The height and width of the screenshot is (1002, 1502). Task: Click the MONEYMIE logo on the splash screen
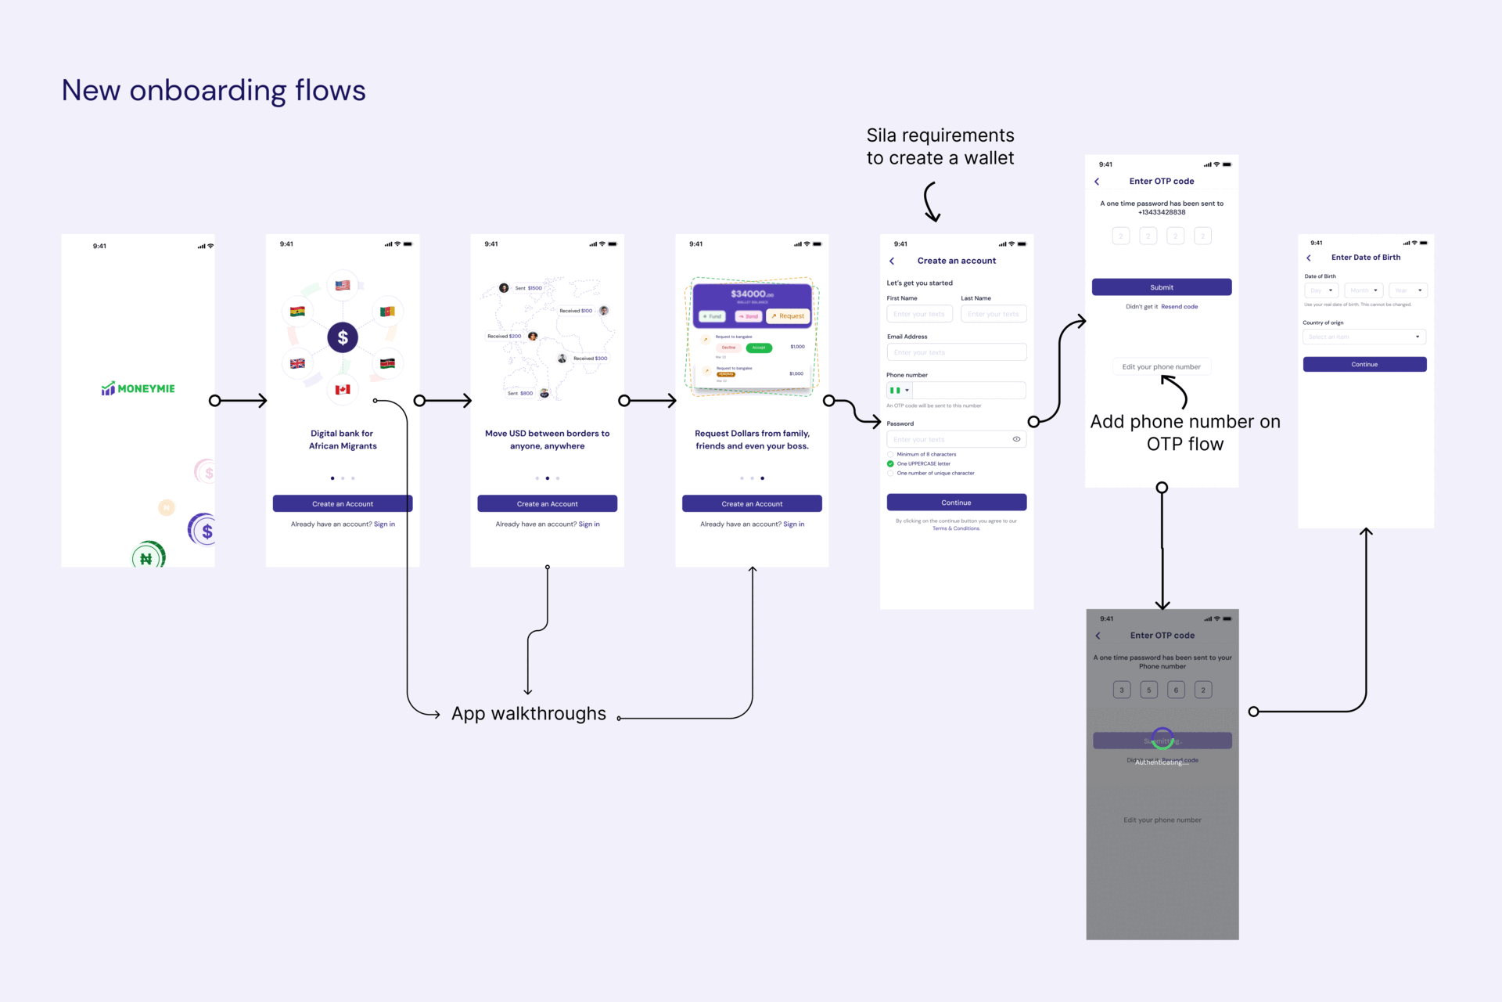pyautogui.click(x=138, y=389)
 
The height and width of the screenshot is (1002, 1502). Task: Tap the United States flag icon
pyautogui.click(x=343, y=286)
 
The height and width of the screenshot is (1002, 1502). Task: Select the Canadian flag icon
pyautogui.click(x=343, y=389)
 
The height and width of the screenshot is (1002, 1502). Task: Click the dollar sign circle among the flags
pyautogui.click(x=343, y=337)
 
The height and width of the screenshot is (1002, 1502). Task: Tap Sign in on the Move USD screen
pyautogui.click(x=589, y=524)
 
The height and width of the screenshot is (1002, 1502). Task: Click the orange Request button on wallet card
pyautogui.click(x=789, y=316)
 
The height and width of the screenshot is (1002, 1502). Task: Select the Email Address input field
pyautogui.click(x=956, y=352)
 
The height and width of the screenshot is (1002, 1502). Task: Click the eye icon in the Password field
pyautogui.click(x=1016, y=439)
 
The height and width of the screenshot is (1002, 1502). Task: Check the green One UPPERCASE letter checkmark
pyautogui.click(x=890, y=463)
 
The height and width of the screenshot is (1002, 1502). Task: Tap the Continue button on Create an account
pyautogui.click(x=956, y=503)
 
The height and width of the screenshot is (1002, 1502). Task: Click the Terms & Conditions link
pyautogui.click(x=956, y=528)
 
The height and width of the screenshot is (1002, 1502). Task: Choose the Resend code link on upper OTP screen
pyautogui.click(x=1179, y=307)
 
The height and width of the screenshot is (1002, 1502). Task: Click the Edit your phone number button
pyautogui.click(x=1161, y=366)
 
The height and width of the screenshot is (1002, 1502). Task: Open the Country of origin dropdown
pyautogui.click(x=1364, y=337)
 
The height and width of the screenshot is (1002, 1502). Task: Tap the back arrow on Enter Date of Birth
pyautogui.click(x=1309, y=258)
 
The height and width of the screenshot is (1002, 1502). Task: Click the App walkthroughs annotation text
pyautogui.click(x=529, y=714)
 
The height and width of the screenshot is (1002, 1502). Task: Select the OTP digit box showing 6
pyautogui.click(x=1176, y=690)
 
